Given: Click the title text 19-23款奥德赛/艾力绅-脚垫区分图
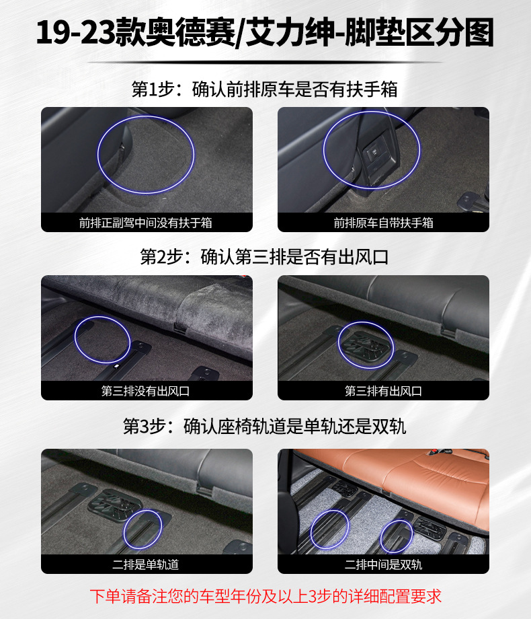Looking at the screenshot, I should click(x=265, y=33).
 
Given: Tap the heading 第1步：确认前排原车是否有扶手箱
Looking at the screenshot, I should click(x=265, y=89).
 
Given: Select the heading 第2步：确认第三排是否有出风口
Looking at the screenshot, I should click(x=265, y=257).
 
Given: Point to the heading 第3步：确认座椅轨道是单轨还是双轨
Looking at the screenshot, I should click(x=265, y=426).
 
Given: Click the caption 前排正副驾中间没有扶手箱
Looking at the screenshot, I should click(x=146, y=223).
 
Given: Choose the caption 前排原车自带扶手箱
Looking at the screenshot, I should click(x=383, y=223).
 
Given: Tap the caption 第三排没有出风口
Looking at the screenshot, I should click(x=146, y=391).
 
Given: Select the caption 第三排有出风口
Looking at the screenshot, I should click(x=383, y=391).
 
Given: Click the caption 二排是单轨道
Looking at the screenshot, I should click(x=146, y=565).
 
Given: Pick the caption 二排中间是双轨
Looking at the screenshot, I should click(x=383, y=565).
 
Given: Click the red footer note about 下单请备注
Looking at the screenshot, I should click(x=265, y=596).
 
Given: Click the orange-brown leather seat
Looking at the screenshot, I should click(x=403, y=471).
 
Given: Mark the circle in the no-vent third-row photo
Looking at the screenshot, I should click(x=101, y=340).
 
